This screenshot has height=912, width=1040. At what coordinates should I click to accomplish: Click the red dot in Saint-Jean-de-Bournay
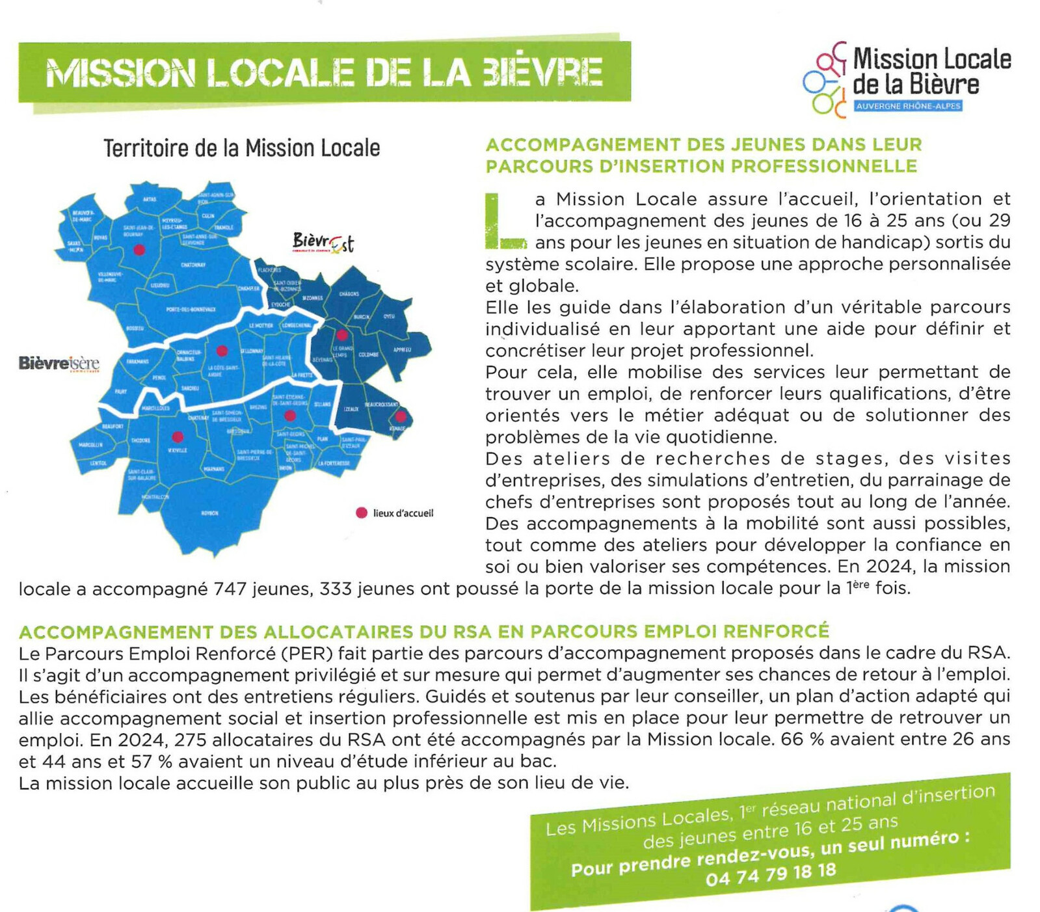click(x=139, y=249)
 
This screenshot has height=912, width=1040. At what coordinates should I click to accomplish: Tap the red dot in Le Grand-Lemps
click(x=341, y=335)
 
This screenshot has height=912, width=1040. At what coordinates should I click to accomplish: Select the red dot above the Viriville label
click(x=178, y=437)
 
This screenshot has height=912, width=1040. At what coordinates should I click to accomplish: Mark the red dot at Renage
click(x=401, y=416)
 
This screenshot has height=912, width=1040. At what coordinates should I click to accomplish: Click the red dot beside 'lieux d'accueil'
click(x=362, y=513)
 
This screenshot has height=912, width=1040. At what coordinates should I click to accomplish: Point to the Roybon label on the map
click(x=209, y=513)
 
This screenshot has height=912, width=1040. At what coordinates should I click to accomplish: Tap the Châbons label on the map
click(x=349, y=294)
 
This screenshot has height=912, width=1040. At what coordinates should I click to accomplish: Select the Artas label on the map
click(x=150, y=199)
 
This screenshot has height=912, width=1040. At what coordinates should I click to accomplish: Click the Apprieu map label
click(x=402, y=349)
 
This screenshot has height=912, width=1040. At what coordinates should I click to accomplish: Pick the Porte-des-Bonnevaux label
click(x=191, y=310)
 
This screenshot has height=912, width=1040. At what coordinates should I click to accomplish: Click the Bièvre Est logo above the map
click(x=323, y=243)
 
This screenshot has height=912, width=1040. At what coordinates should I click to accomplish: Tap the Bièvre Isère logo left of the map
click(x=59, y=364)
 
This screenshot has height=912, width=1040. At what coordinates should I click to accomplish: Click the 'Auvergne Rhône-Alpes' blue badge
click(x=908, y=106)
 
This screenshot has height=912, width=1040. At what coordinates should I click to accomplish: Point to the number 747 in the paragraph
click(x=230, y=589)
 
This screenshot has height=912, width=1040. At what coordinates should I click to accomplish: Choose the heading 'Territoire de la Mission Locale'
click(x=241, y=148)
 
